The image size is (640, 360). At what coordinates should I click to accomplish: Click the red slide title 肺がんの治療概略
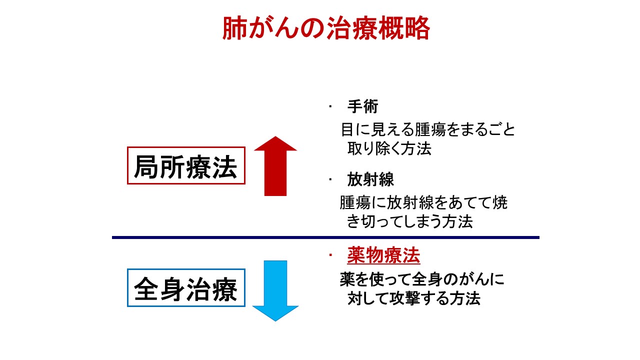326,28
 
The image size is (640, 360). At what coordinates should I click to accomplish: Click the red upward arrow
275,166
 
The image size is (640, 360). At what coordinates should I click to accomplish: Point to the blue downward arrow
275,291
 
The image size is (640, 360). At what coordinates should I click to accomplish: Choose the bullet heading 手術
362,106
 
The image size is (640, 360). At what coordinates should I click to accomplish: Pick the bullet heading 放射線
370,179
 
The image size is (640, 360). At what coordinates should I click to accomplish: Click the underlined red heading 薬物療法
383,255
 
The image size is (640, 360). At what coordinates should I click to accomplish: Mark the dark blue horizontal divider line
325,237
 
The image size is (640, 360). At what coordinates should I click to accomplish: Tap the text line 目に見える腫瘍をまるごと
428,129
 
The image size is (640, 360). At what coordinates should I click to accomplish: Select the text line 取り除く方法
389,148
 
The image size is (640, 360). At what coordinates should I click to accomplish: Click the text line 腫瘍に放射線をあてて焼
423,202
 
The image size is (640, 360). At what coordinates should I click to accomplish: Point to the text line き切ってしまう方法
410,221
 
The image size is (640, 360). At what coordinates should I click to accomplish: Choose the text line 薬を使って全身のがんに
422,279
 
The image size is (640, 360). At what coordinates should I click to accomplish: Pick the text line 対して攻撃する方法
414,298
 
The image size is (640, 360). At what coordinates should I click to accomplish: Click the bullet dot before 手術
330,106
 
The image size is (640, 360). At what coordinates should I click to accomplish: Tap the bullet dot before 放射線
330,179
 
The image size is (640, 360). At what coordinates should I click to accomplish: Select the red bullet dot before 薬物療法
330,255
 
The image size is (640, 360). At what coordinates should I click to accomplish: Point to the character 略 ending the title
417,28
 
